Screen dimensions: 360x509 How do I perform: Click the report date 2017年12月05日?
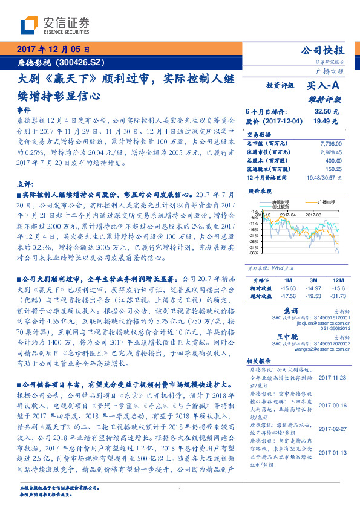coord(53,49)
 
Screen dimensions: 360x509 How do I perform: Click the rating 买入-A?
coord(324,86)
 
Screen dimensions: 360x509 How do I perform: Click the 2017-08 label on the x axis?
coord(313,213)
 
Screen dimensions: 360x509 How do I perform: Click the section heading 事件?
coord(24,111)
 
